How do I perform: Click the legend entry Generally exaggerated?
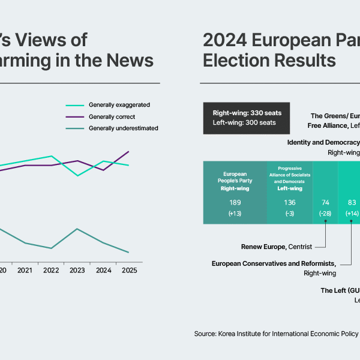click(119, 104)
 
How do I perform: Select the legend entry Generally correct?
click(112, 116)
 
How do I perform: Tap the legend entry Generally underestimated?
click(123, 128)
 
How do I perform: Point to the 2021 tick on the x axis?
click(25, 271)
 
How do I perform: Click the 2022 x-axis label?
click(51, 271)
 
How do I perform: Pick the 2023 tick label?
click(77, 271)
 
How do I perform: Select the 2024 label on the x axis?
click(103, 271)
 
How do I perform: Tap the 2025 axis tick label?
click(129, 271)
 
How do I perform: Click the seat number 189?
click(235, 202)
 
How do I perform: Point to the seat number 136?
click(290, 202)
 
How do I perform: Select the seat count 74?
click(326, 202)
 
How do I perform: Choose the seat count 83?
click(352, 202)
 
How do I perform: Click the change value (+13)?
click(235, 214)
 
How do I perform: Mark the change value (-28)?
click(326, 214)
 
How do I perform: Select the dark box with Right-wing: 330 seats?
click(246, 118)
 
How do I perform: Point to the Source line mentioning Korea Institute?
click(276, 334)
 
